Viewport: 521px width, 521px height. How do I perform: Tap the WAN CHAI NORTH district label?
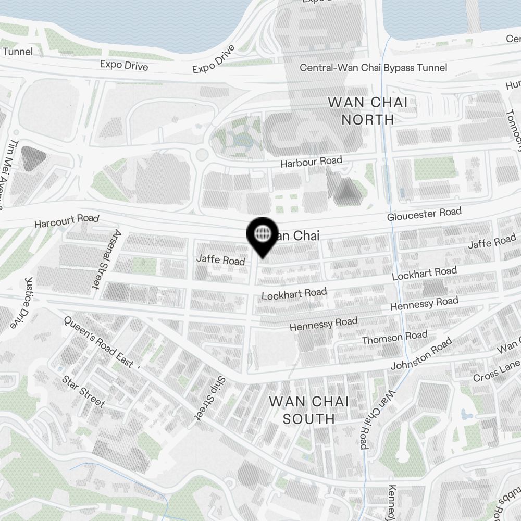pos(368,110)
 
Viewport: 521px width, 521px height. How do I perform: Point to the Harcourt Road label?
pos(66,221)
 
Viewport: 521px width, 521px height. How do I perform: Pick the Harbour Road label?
pos(311,162)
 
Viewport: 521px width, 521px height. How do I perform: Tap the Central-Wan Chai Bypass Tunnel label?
pos(373,68)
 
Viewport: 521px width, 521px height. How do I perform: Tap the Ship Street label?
pos(209,398)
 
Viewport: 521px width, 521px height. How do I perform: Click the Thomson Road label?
pos(394,338)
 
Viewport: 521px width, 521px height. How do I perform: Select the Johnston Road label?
pos(421,354)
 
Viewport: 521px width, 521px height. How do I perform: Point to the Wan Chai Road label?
pos(375,420)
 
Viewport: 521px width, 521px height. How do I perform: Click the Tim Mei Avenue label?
pos(10,172)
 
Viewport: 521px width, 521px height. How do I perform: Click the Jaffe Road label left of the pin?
pos(220,259)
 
